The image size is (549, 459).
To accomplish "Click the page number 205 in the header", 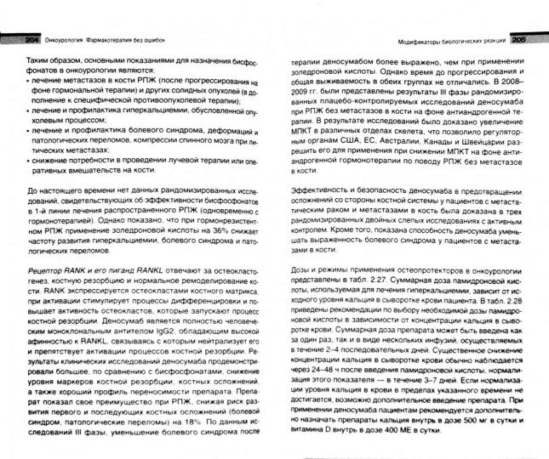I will (520, 41).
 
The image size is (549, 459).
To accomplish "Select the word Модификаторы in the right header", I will (421, 41).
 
